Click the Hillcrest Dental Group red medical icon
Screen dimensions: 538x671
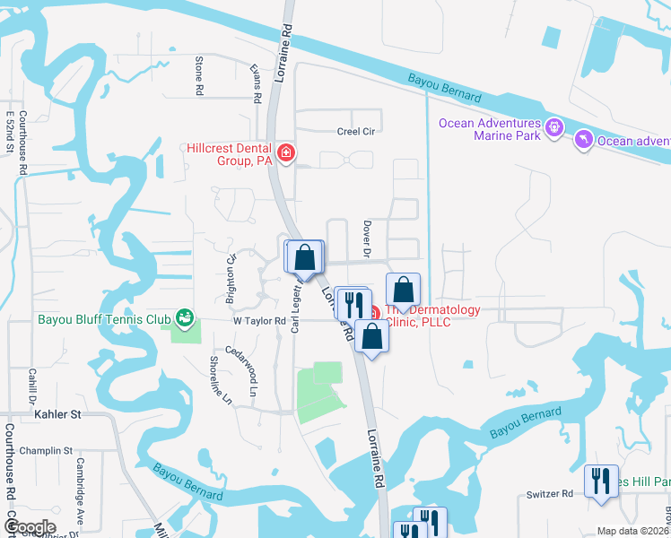pos(286,153)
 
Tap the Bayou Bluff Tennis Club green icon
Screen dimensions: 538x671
pos(185,317)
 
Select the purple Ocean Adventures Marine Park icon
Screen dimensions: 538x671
pos(555,127)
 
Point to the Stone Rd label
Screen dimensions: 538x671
pos(199,76)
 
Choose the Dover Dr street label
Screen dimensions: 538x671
pos(367,236)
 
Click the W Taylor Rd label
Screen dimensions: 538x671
pos(259,320)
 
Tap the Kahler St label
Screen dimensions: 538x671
pos(57,414)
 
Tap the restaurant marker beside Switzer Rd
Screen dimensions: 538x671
pos(600,481)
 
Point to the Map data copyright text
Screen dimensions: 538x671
pos(633,531)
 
